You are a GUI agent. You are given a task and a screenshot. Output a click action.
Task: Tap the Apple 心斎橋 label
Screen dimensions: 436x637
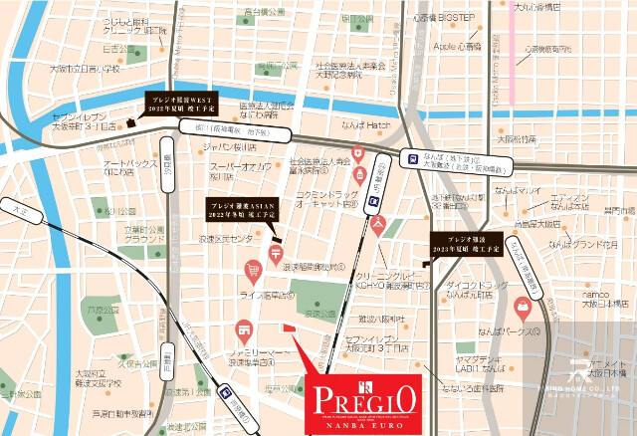pos(457,47)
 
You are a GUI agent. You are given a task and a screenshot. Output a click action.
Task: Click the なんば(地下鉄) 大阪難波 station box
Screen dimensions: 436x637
pos(451,160)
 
